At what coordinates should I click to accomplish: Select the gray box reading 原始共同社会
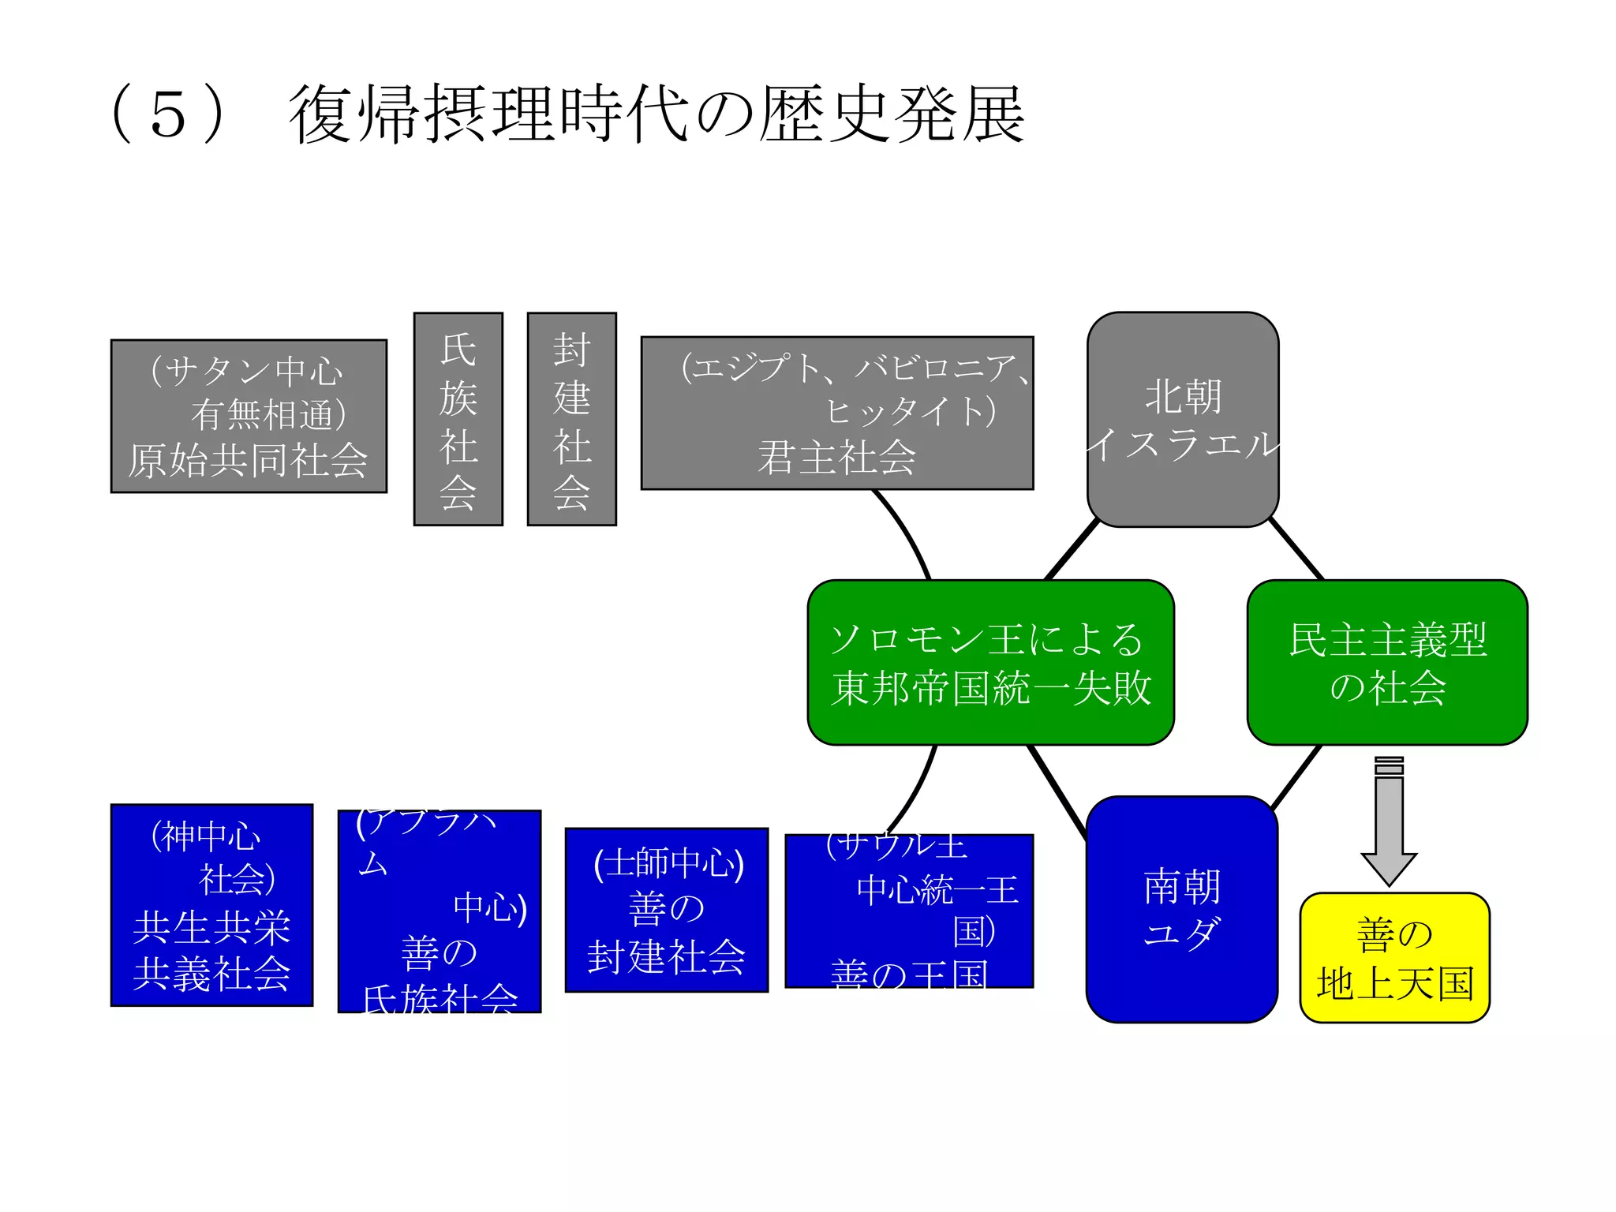249,417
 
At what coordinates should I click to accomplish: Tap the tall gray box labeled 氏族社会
458,419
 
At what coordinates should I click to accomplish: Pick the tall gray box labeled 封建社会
571,419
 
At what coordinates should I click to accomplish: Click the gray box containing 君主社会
836,413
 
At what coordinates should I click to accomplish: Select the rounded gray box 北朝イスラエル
1182,419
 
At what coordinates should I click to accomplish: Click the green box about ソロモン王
990,663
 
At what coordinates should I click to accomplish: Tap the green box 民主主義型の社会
1386,663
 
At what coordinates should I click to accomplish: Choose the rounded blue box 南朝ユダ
1181,909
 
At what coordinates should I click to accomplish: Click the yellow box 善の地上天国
1394,958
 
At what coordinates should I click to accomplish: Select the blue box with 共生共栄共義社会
211,905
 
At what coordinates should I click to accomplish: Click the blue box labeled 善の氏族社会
439,911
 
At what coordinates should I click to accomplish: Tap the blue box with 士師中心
666,910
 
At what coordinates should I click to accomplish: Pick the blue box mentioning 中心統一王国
908,911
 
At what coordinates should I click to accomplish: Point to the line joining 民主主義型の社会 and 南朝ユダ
1296,777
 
